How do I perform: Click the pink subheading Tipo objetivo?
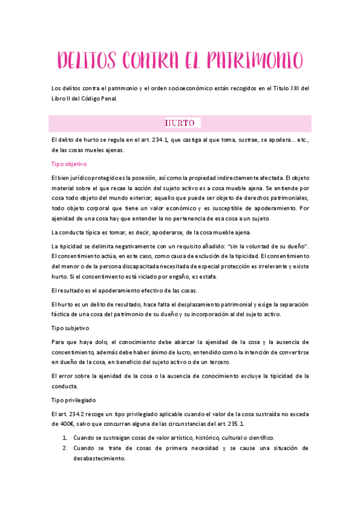(x=70, y=164)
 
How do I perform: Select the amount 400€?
(x=61, y=424)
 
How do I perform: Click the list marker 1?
(x=64, y=437)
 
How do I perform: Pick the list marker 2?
(x=64, y=448)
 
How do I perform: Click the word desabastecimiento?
(x=99, y=458)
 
